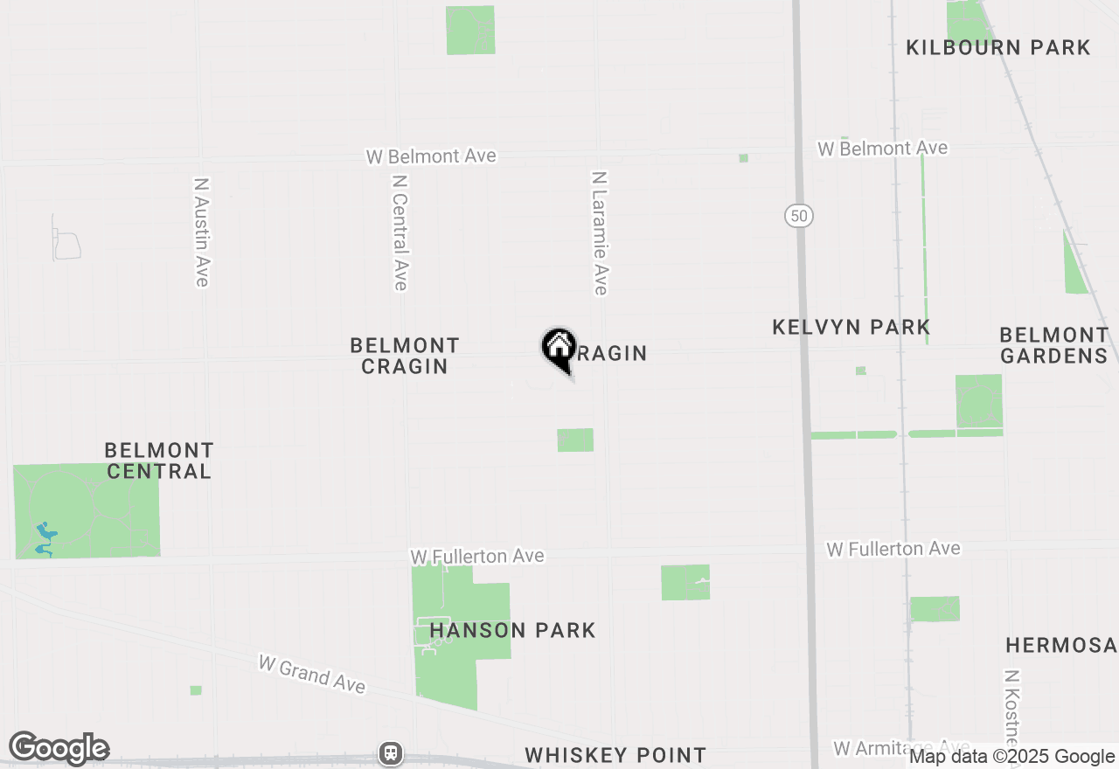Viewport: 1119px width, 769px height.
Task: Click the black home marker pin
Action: pos(558,348)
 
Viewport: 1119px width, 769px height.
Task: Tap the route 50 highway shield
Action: pos(799,216)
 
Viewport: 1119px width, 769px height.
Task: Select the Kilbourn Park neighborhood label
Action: pos(997,47)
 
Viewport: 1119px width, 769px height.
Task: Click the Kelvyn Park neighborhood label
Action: pos(851,327)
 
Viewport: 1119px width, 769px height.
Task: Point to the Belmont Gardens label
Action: pos(1053,345)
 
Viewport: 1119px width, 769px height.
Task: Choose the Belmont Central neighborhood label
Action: pos(157,461)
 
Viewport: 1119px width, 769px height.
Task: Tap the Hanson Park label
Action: pos(512,630)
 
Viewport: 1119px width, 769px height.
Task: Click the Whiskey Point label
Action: pos(615,755)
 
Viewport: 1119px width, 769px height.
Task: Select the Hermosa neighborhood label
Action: pos(1060,646)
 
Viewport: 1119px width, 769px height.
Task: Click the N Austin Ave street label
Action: pos(201,232)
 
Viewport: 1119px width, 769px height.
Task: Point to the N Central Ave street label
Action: pos(400,232)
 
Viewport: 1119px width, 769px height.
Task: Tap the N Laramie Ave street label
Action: pos(599,232)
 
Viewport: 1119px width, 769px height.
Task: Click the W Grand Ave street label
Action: pos(311,675)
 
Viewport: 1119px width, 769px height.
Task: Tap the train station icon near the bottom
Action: pos(390,752)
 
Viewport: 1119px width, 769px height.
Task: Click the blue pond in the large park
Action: pos(44,537)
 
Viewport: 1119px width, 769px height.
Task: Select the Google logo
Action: pos(59,749)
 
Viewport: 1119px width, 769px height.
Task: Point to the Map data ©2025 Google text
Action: pos(1011,757)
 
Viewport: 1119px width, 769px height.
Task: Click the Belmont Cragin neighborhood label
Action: pos(405,356)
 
